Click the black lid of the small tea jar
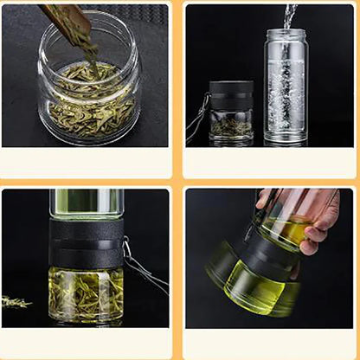tap(232, 94)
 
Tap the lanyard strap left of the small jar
tap(197, 117)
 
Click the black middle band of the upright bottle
tap(86, 241)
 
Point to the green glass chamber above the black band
tap(86, 203)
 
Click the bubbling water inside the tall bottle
tap(286, 95)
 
